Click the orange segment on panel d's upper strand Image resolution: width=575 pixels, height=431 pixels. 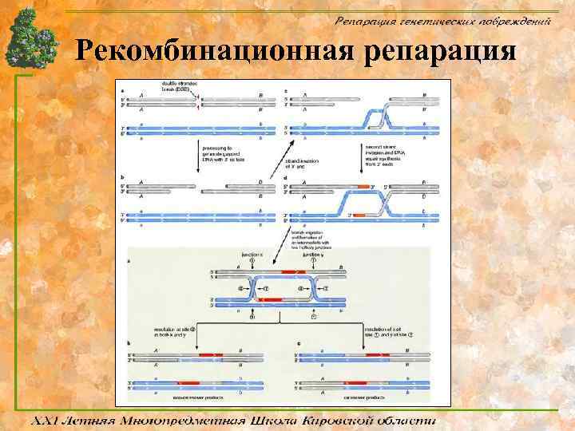coord(365,187)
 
